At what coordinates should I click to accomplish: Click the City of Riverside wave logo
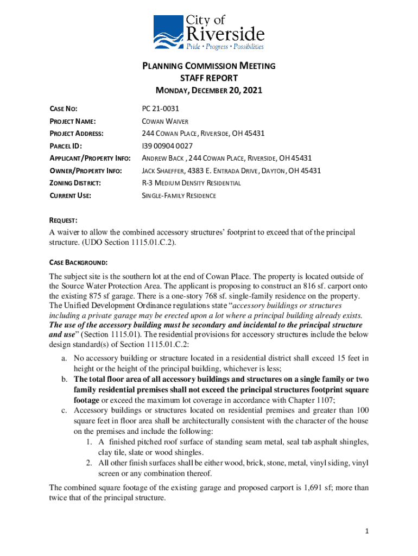[168, 33]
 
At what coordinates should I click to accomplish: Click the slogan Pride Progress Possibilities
[225, 47]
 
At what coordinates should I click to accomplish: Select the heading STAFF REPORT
[209, 78]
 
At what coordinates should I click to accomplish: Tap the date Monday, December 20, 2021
[209, 91]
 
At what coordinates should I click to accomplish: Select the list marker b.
[64, 379]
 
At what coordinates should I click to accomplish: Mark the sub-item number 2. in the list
[89, 463]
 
